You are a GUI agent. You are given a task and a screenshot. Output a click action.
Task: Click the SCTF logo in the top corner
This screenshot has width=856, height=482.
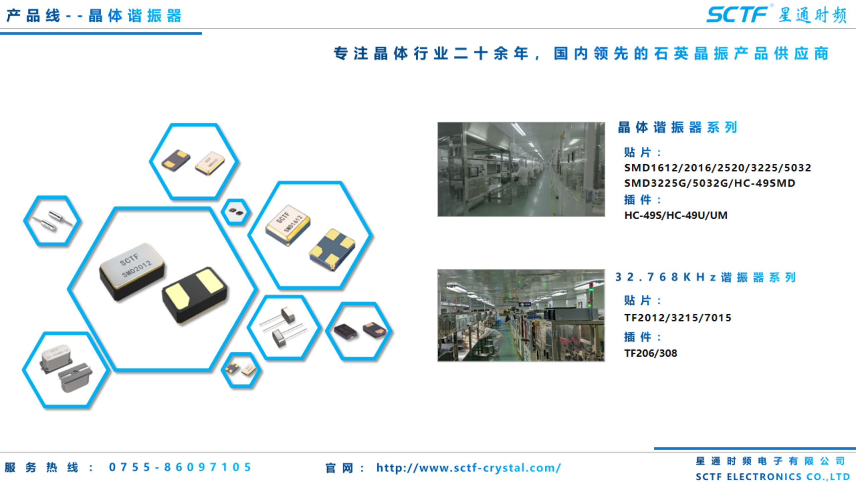pyautogui.click(x=737, y=15)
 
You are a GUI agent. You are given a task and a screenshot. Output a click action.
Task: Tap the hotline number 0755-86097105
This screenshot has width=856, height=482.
pyautogui.click(x=180, y=467)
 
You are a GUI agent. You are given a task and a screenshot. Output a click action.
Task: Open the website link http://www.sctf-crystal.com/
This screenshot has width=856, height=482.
pyautogui.click(x=468, y=468)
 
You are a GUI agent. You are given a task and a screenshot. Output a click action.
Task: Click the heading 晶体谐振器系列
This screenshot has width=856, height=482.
pyautogui.click(x=677, y=127)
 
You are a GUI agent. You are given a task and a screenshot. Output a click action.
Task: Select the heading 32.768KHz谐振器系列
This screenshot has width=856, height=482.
pyautogui.click(x=706, y=277)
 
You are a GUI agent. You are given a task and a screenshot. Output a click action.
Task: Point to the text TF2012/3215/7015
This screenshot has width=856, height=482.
pyautogui.click(x=678, y=317)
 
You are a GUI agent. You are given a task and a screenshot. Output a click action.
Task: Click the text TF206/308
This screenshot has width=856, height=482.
pyautogui.click(x=651, y=353)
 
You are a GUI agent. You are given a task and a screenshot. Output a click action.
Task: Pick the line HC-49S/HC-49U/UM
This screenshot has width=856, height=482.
pyautogui.click(x=676, y=215)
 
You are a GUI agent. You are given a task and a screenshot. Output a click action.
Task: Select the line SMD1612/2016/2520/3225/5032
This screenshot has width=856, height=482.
pyautogui.click(x=718, y=167)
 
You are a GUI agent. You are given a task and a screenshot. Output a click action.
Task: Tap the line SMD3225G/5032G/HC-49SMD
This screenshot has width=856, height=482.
pyautogui.click(x=710, y=183)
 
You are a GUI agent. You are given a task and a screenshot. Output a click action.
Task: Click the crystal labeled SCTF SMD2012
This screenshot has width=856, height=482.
pyautogui.click(x=132, y=271)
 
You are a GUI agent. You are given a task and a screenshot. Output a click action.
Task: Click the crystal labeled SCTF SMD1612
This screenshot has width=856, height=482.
pyautogui.click(x=288, y=225)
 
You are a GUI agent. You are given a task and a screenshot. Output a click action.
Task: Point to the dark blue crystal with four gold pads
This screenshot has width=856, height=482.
pyautogui.click(x=332, y=249)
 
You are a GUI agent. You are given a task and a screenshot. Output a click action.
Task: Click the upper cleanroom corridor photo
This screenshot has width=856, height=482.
pyautogui.click(x=521, y=169)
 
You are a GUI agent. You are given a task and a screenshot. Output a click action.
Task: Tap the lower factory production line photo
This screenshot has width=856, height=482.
pyautogui.click(x=521, y=315)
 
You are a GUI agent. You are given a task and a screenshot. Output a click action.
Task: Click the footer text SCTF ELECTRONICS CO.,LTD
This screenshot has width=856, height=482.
pyautogui.click(x=773, y=476)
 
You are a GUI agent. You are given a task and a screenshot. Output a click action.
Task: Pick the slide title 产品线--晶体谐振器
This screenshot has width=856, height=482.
pyautogui.click(x=94, y=16)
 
